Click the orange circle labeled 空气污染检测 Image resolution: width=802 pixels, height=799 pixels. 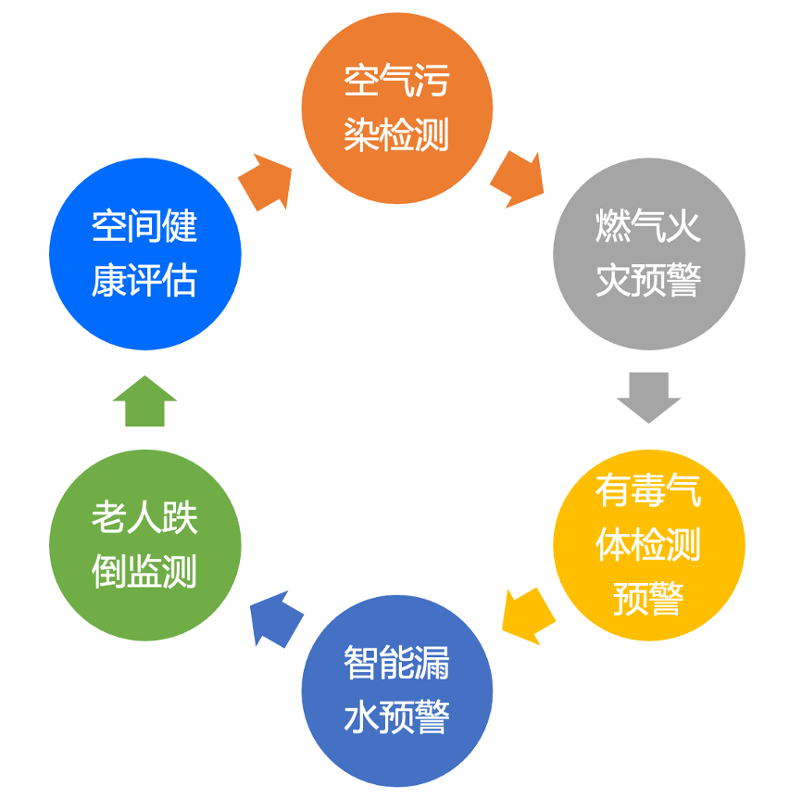pyautogui.click(x=396, y=108)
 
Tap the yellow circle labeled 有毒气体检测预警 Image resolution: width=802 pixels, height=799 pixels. pyautogui.click(x=648, y=544)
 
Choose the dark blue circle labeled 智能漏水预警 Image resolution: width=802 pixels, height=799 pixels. pyautogui.click(x=397, y=691)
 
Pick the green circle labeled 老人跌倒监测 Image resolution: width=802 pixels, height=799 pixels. pyautogui.click(x=144, y=545)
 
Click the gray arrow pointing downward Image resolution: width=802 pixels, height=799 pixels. pyautogui.click(x=648, y=396)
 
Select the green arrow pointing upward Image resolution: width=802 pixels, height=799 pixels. pyautogui.click(x=144, y=401)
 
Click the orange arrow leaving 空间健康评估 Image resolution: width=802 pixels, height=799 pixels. pyautogui.click(x=267, y=182)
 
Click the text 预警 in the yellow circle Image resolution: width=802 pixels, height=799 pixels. pyautogui.click(x=648, y=598)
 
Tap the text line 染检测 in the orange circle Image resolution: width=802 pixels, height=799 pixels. pyautogui.click(x=396, y=135)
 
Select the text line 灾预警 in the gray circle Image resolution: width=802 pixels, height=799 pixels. pyautogui.click(x=648, y=281)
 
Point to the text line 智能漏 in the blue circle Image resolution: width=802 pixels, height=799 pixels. pyautogui.click(x=397, y=664)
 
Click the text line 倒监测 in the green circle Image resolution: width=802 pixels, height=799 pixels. pyautogui.click(x=144, y=572)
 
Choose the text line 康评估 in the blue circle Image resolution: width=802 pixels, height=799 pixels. pyautogui.click(x=144, y=281)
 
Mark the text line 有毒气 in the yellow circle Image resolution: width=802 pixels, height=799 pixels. pyautogui.click(x=648, y=490)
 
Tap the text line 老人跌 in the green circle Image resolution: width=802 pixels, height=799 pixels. pyautogui.click(x=144, y=518)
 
